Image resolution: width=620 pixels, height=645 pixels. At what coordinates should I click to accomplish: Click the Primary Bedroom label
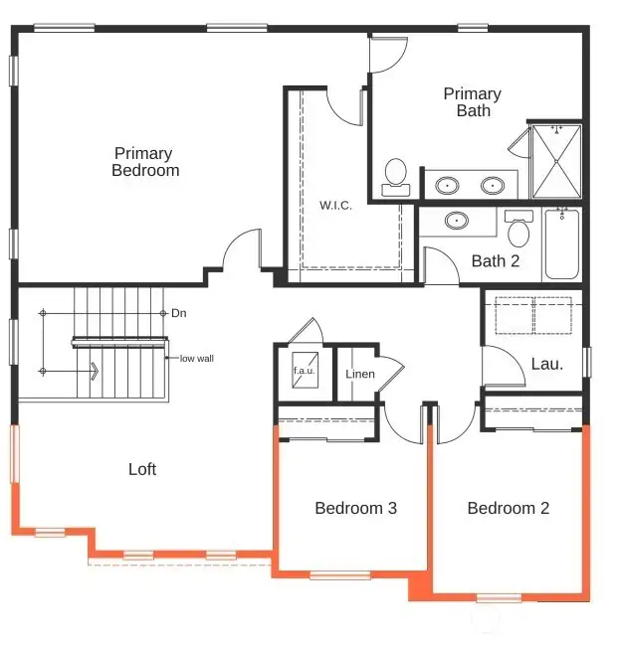coord(144,162)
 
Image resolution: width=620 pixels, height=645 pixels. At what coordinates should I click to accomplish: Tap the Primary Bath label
coord(472,102)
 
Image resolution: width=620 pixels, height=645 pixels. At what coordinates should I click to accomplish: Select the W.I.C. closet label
coord(335,206)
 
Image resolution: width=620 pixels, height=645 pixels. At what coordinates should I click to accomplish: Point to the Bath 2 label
coord(496,261)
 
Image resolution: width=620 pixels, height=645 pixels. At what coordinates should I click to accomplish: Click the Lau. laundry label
coord(546,364)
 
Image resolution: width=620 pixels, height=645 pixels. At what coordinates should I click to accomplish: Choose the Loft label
coord(142,469)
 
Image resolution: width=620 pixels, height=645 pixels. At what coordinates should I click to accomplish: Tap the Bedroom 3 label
coord(355,508)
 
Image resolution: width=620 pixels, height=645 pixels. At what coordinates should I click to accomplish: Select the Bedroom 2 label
coord(508,508)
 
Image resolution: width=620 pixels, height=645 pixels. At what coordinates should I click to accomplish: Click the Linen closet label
coord(359,375)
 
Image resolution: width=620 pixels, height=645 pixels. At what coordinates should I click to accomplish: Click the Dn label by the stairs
coord(179,313)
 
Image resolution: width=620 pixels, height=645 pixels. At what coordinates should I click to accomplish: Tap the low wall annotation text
coord(196,358)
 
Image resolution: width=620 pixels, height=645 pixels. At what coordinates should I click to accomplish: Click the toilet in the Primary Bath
coord(396,174)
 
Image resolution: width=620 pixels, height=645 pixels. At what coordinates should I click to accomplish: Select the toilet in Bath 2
coord(517,232)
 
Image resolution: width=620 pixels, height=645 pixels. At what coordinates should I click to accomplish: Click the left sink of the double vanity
coord(449,185)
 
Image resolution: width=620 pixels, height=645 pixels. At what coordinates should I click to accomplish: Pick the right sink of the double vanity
coord(492,185)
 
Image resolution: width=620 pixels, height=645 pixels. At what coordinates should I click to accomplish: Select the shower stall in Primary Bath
coord(555,160)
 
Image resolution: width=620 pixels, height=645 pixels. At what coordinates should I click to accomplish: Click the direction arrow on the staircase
coord(93,372)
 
